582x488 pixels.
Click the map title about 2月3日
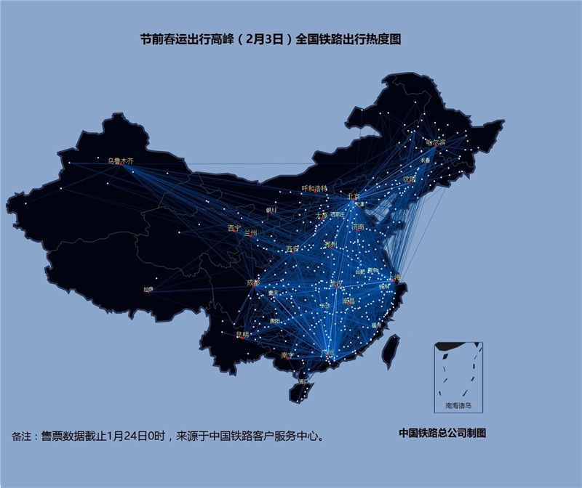click(271, 40)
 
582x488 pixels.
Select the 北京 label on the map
click(353, 196)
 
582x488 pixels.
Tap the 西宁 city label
click(234, 228)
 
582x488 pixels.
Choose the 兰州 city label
click(252, 232)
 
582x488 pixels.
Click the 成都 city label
click(252, 282)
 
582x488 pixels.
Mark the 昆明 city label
click(242, 335)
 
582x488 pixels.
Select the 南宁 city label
click(286, 355)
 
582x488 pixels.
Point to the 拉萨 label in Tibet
click(148, 289)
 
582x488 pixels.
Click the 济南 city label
click(356, 227)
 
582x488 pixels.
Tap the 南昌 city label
click(348, 300)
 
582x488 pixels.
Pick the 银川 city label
click(271, 210)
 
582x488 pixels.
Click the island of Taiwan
click(391, 349)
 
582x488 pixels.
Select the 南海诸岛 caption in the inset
click(458, 405)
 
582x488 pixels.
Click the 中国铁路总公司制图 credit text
click(442, 433)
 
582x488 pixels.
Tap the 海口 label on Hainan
click(303, 380)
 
